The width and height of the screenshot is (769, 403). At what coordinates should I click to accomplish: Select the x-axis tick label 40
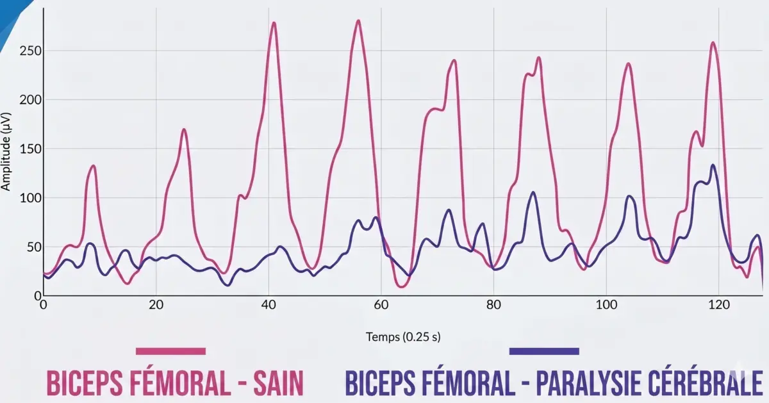click(x=269, y=306)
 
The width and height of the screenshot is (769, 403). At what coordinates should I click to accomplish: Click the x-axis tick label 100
click(x=606, y=306)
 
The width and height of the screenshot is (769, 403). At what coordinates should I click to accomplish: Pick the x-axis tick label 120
click(x=718, y=306)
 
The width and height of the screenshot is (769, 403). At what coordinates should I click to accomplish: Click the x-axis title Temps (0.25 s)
click(x=403, y=336)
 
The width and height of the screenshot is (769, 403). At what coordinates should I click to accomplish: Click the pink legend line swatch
click(x=170, y=351)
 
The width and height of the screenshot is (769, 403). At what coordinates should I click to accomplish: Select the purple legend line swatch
click(x=544, y=351)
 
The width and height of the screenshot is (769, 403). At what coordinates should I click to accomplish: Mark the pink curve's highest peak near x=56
click(x=358, y=21)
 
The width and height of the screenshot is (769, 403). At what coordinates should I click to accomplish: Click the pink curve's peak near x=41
click(x=274, y=23)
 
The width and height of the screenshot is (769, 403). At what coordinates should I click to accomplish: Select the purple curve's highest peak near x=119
click(x=713, y=165)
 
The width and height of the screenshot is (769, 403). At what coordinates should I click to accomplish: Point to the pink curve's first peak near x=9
click(x=94, y=165)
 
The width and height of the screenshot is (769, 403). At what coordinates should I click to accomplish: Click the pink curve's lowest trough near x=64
click(x=402, y=286)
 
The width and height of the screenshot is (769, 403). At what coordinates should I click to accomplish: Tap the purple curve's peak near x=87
click(x=533, y=192)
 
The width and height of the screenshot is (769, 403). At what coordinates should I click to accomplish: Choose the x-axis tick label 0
click(x=44, y=306)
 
